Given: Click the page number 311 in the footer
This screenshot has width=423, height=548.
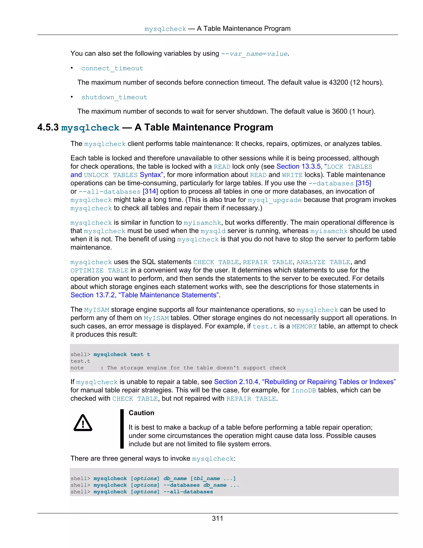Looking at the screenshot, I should tap(217, 518).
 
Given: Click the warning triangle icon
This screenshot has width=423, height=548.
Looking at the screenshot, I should tap(83, 423).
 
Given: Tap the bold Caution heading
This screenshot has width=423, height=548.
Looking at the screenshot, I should tap(141, 413).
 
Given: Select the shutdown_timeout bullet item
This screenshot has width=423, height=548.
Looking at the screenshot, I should tap(114, 97).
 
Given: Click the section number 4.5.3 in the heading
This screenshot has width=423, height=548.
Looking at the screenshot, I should tap(48, 127).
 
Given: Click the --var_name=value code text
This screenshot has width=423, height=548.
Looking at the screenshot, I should tap(254, 54).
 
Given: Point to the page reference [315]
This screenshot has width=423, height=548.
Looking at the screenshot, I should tap(363, 183).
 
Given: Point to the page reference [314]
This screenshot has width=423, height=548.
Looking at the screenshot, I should tap(150, 191).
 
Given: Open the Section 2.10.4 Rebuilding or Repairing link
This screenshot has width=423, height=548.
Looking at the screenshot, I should tap(305, 382).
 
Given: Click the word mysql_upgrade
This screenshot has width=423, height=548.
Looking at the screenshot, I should tap(275, 200).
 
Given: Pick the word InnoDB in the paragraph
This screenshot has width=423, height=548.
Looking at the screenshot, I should tap(304, 390).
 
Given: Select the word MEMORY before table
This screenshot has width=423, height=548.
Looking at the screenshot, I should tap(304, 327).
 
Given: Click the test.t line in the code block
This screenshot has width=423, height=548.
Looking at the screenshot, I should tap(80, 361).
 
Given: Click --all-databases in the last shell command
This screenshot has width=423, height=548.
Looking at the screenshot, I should tap(188, 492).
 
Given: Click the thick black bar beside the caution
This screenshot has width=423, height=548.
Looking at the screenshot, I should tap(122, 429).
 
